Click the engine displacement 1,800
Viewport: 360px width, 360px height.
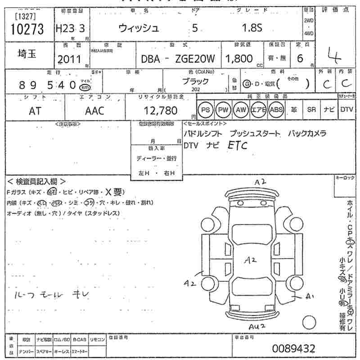pos(239,58)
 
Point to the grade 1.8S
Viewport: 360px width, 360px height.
pos(252,28)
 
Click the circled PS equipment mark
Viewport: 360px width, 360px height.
pos(205,110)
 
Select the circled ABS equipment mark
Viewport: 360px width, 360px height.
pos(275,110)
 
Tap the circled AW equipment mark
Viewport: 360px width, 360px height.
pos(241,110)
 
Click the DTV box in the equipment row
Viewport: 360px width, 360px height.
pos(346,109)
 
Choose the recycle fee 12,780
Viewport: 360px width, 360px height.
pos(160,110)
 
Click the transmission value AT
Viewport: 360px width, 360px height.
pos(35,111)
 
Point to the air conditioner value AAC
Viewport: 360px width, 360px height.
pos(94,111)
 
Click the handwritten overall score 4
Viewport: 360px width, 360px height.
pos(333,57)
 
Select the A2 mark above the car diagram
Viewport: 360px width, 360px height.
pos(261,182)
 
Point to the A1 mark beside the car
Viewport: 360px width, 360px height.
pos(309,297)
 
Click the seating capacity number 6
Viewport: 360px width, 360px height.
pos(300,58)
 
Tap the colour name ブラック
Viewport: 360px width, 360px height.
pos(195,81)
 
